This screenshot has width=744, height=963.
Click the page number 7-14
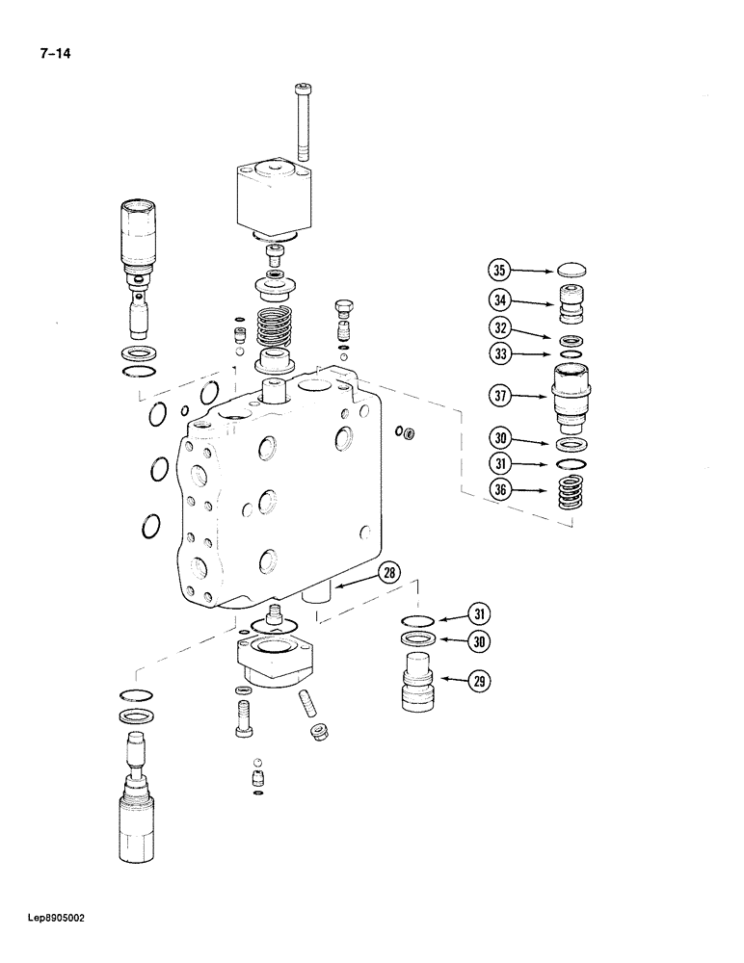[55, 53]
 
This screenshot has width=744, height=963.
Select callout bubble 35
[498, 272]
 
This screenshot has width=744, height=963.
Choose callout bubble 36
[498, 491]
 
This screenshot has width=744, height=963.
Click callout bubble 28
[387, 573]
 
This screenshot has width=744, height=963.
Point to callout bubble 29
[479, 682]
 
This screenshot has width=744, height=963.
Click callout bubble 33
[498, 354]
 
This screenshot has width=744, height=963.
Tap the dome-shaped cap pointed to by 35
[570, 272]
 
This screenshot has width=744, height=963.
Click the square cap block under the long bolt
[274, 198]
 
